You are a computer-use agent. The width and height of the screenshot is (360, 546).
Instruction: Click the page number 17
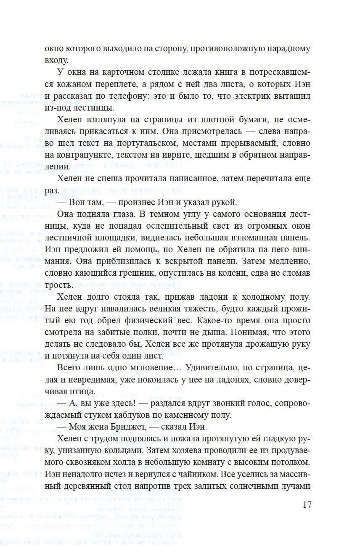(307, 504)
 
